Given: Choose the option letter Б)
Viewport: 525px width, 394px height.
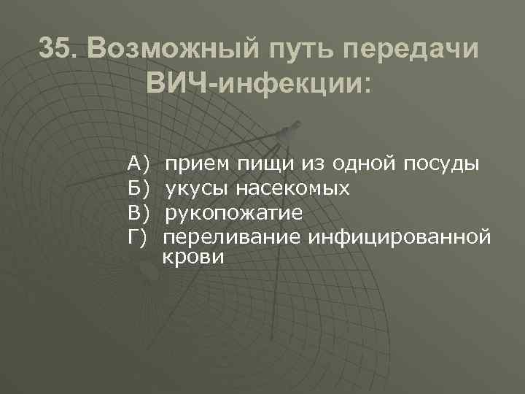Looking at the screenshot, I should click(x=137, y=189).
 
